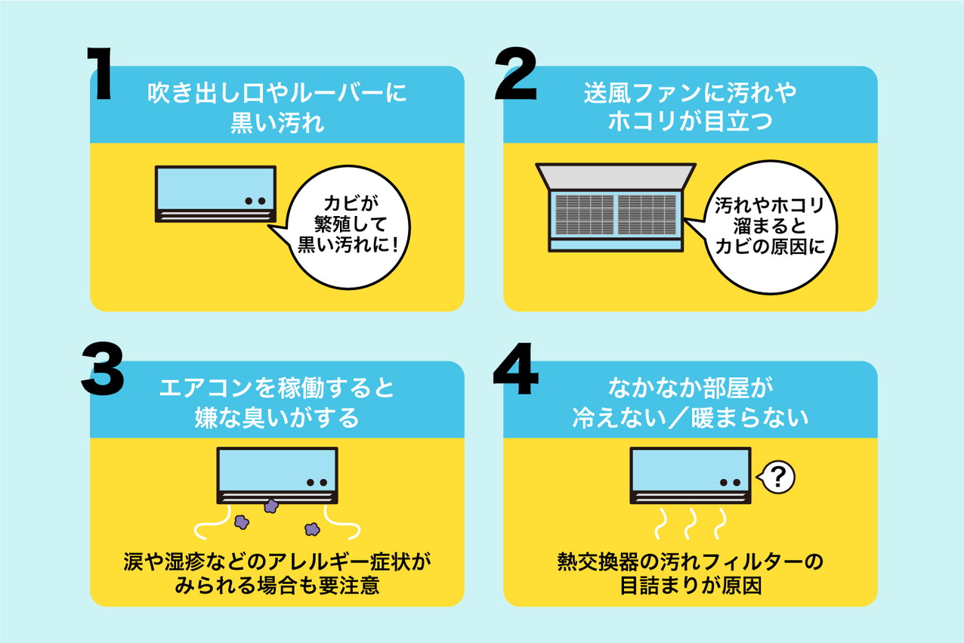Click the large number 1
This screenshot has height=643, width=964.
[x=100, y=74]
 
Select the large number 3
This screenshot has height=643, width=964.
[x=103, y=369]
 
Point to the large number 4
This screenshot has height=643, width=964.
[x=516, y=369]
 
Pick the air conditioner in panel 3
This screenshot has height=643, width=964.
[x=277, y=475]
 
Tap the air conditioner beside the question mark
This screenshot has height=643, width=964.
[x=691, y=475]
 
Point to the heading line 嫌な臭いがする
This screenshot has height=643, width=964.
[x=277, y=416]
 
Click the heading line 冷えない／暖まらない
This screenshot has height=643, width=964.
[x=690, y=416]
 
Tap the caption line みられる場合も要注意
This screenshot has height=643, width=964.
[x=277, y=586]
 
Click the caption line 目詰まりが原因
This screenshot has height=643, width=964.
[x=690, y=586]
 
